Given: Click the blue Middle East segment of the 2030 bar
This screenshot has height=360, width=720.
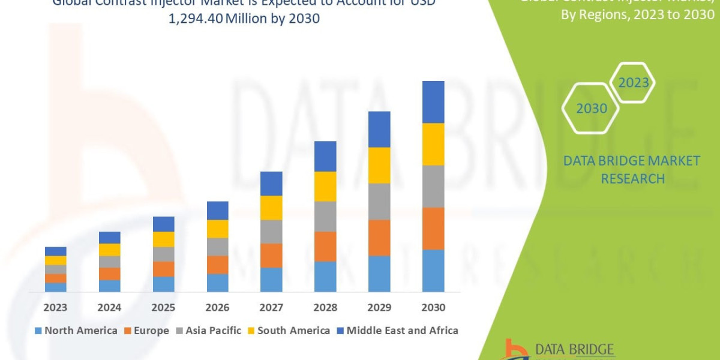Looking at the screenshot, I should coord(433,102).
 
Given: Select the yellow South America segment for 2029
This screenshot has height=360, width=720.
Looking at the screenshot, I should coord(379,165).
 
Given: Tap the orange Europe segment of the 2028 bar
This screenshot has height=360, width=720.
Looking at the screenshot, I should coord(325,246).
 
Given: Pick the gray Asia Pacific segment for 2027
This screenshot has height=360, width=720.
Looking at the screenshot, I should coord(271,231).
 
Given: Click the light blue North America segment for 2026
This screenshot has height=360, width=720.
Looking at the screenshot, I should coord(217,283).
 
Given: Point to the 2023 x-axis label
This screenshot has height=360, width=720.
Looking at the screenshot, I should coord(55,307).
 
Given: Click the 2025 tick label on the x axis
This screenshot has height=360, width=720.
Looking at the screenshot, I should coord(163,307).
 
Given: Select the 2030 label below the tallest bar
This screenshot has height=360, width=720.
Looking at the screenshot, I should coord(433,307).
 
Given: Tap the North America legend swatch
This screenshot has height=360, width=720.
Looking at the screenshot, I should coord(38,331).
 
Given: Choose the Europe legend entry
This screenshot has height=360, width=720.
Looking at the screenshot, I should coord(146,331).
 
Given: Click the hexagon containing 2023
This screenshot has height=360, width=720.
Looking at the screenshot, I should coord(634,83).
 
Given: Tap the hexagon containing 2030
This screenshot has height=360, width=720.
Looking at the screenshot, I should coord(591,109).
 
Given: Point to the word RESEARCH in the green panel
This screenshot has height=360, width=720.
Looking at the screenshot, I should coord(632,179).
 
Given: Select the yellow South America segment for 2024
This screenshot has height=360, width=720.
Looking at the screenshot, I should coord(109,250).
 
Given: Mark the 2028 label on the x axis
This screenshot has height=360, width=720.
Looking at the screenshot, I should coord(325,307).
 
